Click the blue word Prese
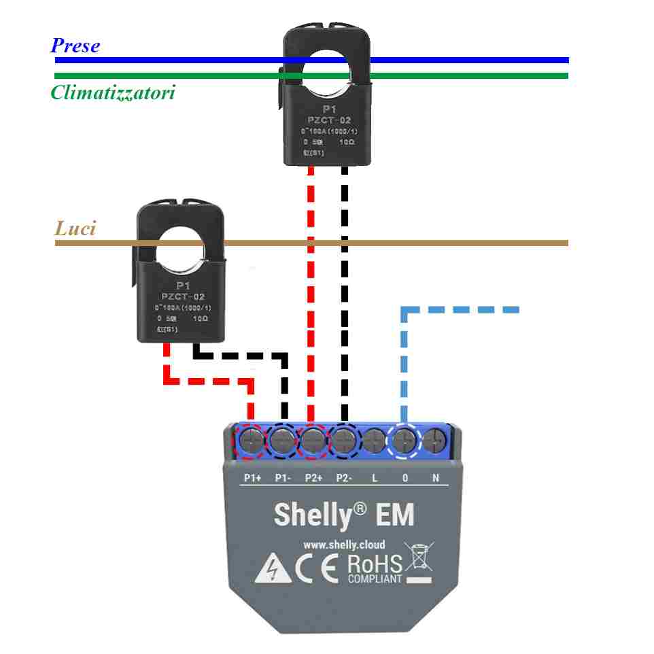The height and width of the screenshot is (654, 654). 75,46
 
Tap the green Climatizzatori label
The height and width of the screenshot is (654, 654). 112,92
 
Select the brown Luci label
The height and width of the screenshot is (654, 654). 75,228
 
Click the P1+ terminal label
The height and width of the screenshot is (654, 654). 253,478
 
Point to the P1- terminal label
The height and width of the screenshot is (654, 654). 283,478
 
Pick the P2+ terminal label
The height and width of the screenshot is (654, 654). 313,478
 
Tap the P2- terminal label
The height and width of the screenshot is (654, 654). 344,478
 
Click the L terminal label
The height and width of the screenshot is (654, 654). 375,478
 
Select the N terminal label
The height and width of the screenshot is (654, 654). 436,478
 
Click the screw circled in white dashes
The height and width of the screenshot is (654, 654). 405,442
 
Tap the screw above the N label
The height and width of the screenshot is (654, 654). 434,442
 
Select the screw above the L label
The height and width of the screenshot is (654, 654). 375,442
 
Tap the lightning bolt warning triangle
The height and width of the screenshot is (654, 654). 273,571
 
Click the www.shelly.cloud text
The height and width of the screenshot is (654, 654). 343,545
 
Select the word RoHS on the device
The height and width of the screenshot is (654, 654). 375,564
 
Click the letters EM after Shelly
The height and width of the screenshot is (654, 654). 394,515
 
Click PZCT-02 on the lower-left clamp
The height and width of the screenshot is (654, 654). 182,297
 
